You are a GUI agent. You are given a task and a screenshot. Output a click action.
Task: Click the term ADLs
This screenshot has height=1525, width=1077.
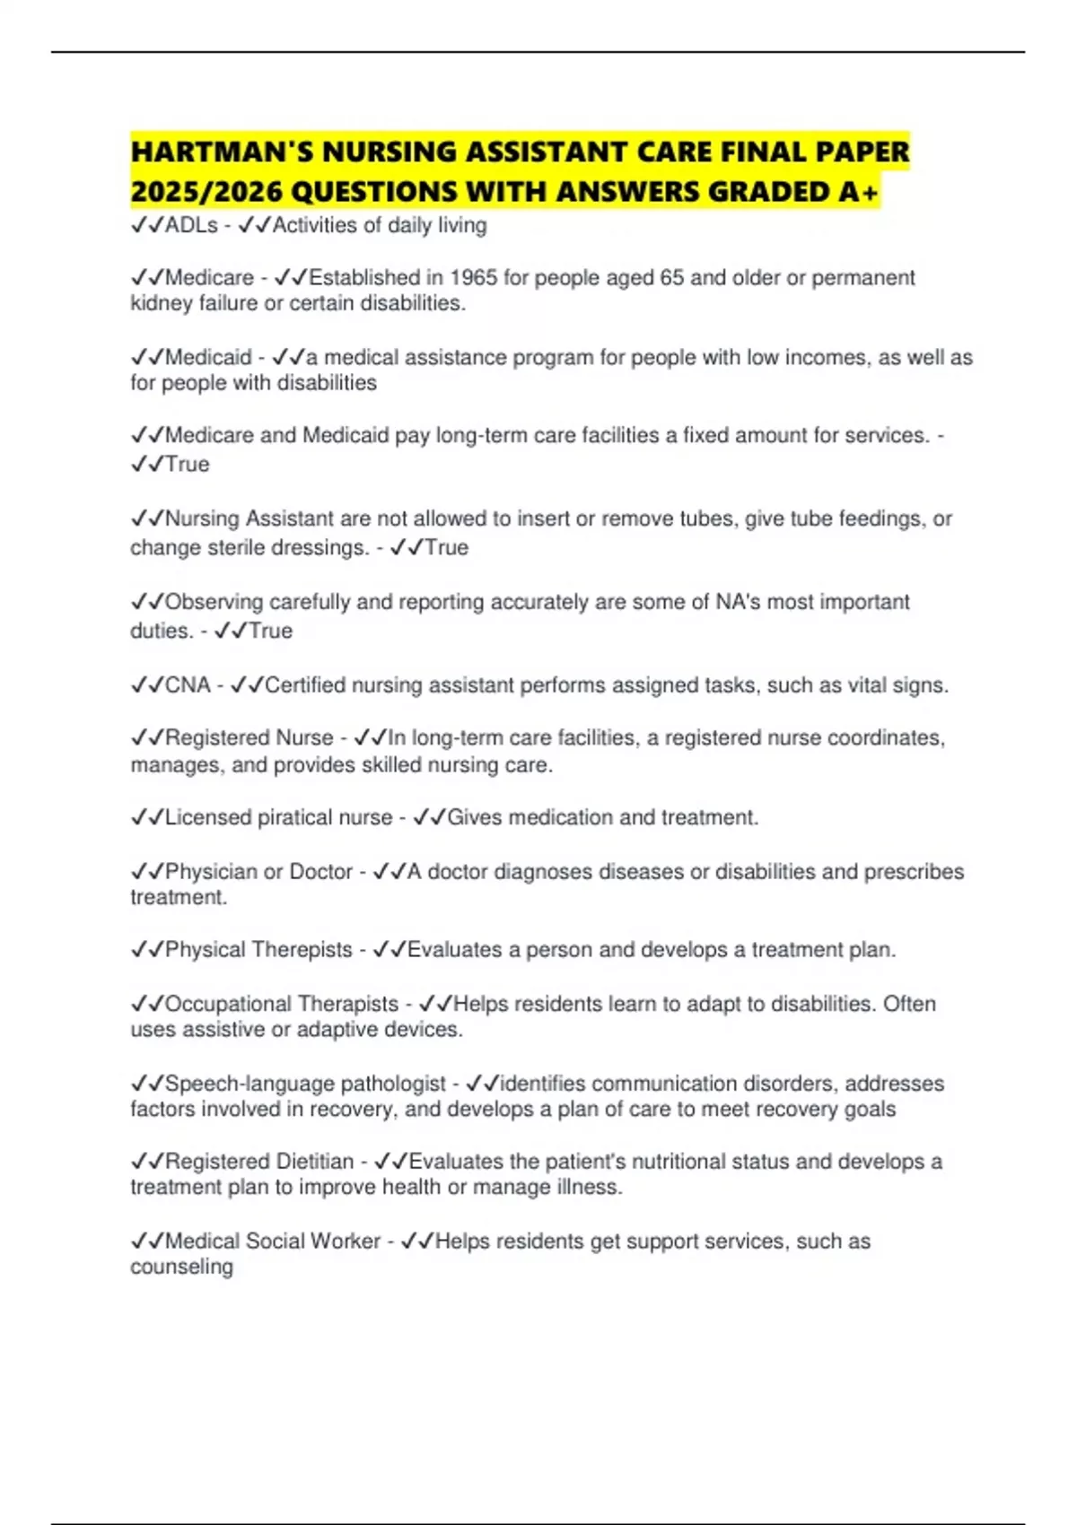coord(191,225)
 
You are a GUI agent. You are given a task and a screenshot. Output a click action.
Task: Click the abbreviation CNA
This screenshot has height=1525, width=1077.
coord(188,685)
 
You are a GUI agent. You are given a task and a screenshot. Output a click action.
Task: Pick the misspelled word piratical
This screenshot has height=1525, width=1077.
coord(293,817)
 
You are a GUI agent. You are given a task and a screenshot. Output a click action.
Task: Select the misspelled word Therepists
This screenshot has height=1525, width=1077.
coord(302,950)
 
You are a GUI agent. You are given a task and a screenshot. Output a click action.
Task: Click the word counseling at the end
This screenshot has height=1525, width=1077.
coord(181,1267)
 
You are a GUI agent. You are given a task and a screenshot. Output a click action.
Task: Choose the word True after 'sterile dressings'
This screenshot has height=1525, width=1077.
coord(446,547)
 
